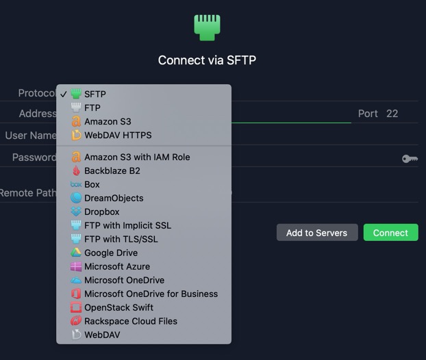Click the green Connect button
click(390, 233)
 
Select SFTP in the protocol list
click(95, 94)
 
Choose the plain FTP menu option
click(92, 107)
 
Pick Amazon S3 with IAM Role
click(137, 157)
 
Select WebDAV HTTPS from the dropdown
click(118, 135)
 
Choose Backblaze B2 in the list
click(112, 171)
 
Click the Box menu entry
click(92, 184)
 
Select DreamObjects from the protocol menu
click(114, 198)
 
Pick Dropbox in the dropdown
click(101, 211)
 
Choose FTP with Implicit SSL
click(127, 225)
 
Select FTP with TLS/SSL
click(121, 239)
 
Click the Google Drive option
click(111, 253)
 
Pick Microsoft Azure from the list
click(117, 266)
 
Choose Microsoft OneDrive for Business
click(151, 294)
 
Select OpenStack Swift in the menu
click(118, 307)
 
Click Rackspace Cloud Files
click(131, 321)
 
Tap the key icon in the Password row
click(410, 159)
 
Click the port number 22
click(392, 114)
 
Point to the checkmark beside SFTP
click(64, 94)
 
